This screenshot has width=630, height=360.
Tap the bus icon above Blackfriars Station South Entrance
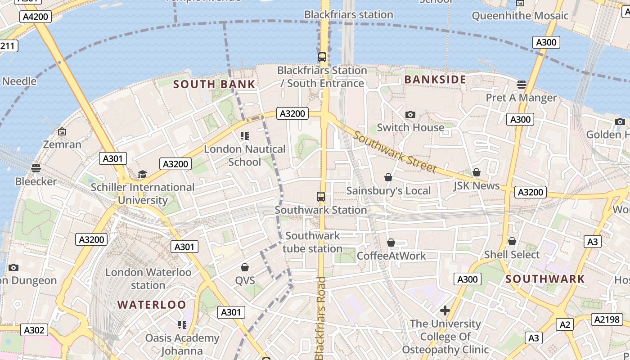tap(322, 57)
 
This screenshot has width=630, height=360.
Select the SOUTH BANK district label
tap(214, 84)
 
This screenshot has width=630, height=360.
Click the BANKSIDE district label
tap(435, 80)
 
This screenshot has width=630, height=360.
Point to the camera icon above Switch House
tap(410, 115)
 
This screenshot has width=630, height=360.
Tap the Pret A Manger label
tap(521, 98)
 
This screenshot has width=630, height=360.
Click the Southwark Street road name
tap(394, 152)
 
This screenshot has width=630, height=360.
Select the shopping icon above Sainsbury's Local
tap(388, 178)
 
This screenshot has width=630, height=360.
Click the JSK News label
tap(477, 185)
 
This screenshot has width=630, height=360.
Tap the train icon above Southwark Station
tap(321, 197)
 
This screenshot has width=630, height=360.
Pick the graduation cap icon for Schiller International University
tap(142, 174)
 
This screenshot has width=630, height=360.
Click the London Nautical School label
tap(245, 155)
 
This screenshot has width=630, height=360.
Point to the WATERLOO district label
tap(152, 305)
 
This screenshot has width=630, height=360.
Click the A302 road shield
tap(34, 330)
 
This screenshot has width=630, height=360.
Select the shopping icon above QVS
tap(245, 268)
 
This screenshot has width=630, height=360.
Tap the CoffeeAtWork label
tap(391, 256)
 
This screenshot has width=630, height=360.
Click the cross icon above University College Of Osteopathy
tap(445, 310)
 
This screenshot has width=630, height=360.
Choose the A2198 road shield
tap(607, 319)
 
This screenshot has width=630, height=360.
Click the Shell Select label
tap(512, 255)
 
